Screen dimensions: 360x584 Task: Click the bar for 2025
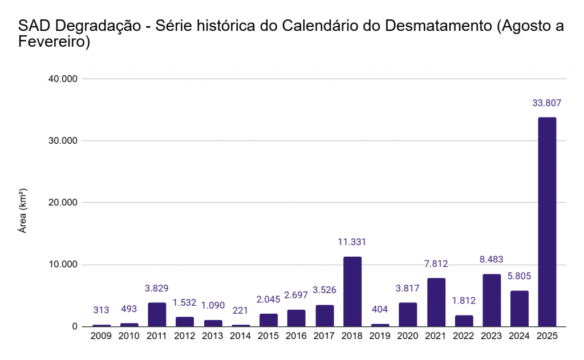point(547,222)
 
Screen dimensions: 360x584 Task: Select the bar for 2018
point(352,292)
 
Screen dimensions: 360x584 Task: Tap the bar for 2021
point(436,302)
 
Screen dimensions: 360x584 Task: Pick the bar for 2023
point(492,300)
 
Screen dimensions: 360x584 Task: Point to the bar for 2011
point(157,314)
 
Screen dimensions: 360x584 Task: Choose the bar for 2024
point(520,309)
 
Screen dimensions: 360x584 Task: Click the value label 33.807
point(547,103)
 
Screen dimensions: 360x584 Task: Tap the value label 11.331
point(352,242)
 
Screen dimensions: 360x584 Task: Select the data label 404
point(380,309)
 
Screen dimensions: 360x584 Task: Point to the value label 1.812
point(464,301)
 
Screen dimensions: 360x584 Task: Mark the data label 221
point(240,310)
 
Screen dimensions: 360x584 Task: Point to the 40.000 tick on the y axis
point(64,79)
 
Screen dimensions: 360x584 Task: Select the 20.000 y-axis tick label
point(64,203)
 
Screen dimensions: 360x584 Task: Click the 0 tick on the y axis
point(74,327)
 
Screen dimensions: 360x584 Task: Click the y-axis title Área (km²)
point(23,211)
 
